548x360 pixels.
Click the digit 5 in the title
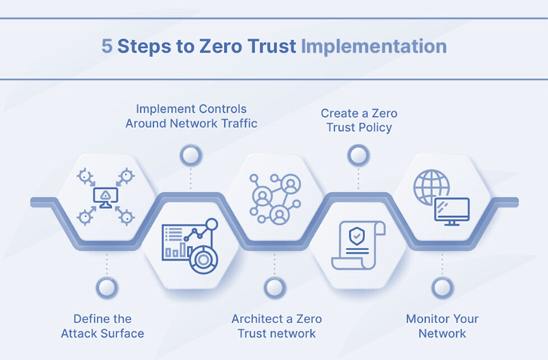[x=106, y=47]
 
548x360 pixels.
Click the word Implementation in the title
[x=374, y=47]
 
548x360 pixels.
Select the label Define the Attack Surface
[x=103, y=326]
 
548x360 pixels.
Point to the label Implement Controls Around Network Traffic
[x=192, y=116]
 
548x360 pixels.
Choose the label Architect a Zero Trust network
[x=277, y=326]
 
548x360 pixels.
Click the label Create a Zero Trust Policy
[x=359, y=121]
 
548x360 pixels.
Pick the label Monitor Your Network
[x=442, y=326]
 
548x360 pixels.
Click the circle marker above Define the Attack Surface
[x=106, y=288]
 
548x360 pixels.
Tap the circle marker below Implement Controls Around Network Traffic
[x=191, y=155]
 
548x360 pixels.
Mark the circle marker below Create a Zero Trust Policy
[x=358, y=155]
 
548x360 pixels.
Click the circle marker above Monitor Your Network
[x=442, y=288]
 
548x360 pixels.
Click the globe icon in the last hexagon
[x=431, y=187]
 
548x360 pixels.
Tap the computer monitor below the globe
[x=452, y=211]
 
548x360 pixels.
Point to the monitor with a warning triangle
[x=106, y=195]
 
